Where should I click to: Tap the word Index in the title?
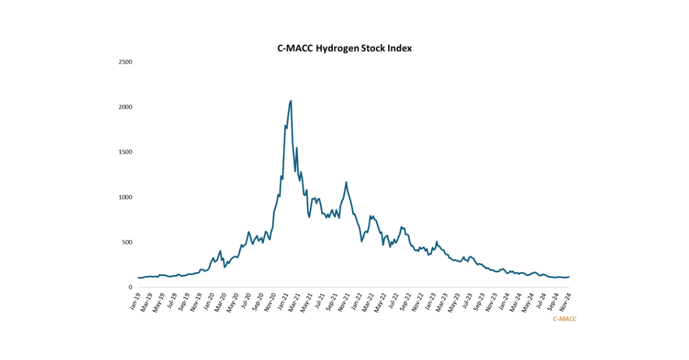click(x=400, y=49)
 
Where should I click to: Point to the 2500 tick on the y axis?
click(x=125, y=61)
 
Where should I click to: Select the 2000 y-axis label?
click(x=125, y=107)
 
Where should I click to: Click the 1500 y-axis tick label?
click(x=125, y=152)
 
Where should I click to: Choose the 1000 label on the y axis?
click(x=125, y=197)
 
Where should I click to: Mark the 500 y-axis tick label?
click(x=127, y=242)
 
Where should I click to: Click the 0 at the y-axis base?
click(x=131, y=287)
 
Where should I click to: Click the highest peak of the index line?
click(x=291, y=101)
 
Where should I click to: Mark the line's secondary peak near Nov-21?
click(x=346, y=183)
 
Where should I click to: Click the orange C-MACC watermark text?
click(x=564, y=319)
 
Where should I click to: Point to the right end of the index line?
click(x=568, y=277)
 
